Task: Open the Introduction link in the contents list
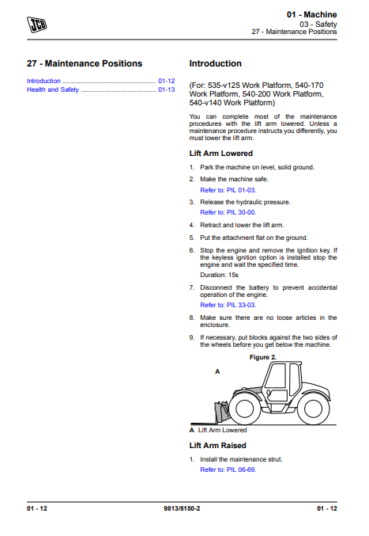coord(43,81)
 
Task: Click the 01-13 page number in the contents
coord(166,90)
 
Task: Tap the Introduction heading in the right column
coord(216,63)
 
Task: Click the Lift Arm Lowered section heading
coord(221,153)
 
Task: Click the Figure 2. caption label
coord(263,357)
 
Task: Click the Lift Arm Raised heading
coord(218,446)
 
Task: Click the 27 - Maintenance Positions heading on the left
coord(85,63)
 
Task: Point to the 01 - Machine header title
coord(311,14)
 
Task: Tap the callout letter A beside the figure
coord(217,371)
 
